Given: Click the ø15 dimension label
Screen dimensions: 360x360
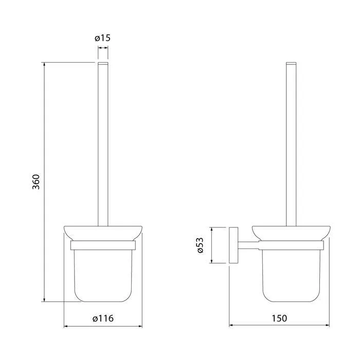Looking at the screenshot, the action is pos(102,38).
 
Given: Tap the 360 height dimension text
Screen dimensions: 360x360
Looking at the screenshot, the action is pos(36,182).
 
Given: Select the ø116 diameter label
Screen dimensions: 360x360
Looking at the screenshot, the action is pos(103,318).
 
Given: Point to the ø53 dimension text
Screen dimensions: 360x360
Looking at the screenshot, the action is pos(200,245).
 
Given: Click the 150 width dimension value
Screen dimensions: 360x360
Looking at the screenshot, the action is pos(279,318).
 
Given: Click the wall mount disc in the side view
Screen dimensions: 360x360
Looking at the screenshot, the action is pos(233,245).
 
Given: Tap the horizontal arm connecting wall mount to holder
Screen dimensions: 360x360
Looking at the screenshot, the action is pos(248,245).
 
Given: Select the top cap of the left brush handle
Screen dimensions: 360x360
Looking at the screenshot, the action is pos(103,63).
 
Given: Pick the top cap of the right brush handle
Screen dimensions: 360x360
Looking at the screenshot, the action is pos(291,63).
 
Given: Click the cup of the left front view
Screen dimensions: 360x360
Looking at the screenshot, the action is pos(103,276).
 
